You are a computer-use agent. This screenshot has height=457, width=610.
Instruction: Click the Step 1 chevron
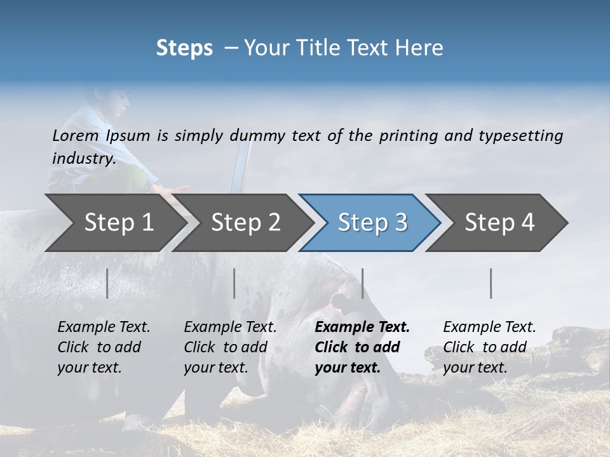114,223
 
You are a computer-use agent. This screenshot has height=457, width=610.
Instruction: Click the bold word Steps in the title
184,48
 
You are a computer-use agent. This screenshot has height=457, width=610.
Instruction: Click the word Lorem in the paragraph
75,135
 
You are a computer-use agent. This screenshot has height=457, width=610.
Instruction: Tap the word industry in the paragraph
83,158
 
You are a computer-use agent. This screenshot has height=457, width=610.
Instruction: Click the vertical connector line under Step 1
107,283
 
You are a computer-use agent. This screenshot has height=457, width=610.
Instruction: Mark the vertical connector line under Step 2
234,283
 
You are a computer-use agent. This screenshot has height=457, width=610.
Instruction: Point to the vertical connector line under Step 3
362,283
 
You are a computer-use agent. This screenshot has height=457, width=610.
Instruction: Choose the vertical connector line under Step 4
491,283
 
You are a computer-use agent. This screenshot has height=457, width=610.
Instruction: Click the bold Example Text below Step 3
362,328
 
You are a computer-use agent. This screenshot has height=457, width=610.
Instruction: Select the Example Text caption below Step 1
104,328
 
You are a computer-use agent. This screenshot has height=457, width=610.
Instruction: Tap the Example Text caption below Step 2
230,328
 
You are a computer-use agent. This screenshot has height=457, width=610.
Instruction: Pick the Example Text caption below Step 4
489,328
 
